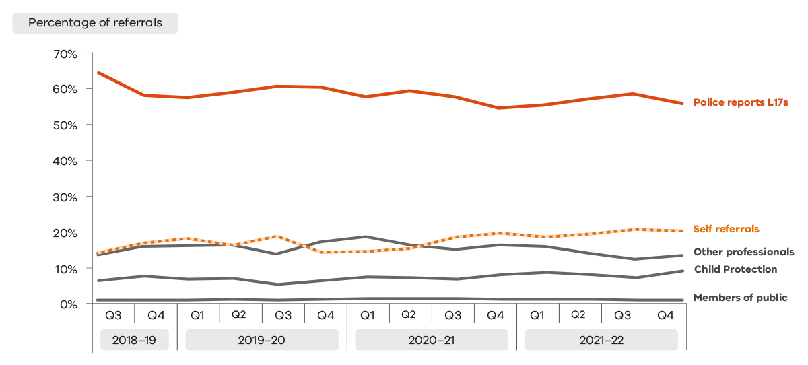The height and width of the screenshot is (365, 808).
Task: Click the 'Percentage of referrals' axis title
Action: pos(95,22)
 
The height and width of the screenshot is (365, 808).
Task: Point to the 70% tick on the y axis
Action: pos(65,53)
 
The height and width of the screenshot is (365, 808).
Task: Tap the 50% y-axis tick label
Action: pos(65,125)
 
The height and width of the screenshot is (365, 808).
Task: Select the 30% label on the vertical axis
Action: pos(65,197)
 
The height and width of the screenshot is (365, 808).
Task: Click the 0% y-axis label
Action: pos(68,304)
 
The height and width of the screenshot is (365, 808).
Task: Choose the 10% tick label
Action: pos(65,269)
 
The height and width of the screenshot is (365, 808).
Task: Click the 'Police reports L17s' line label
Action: pos(740,103)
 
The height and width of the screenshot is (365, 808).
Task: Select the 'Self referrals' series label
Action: pos(726,229)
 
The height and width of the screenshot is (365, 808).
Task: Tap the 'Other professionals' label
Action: pos(743,252)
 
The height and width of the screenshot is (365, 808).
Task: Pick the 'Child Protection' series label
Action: pos(735,269)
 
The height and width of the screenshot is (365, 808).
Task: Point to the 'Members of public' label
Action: pos(740,298)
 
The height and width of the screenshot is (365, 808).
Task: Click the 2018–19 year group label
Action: pos(135,340)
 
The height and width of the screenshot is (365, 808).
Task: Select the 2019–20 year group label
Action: pos(261,340)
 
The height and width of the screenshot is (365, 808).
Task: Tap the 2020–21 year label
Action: pos(432,340)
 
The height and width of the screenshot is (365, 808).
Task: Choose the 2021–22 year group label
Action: pos(601,340)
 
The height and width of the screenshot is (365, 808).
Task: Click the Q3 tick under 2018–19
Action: pos(114,314)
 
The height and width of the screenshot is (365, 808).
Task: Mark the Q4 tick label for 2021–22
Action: pos(664,314)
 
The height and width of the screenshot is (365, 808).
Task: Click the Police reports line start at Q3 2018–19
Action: pos(99,73)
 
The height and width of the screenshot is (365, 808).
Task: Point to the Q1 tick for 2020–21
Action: pos(368,314)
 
